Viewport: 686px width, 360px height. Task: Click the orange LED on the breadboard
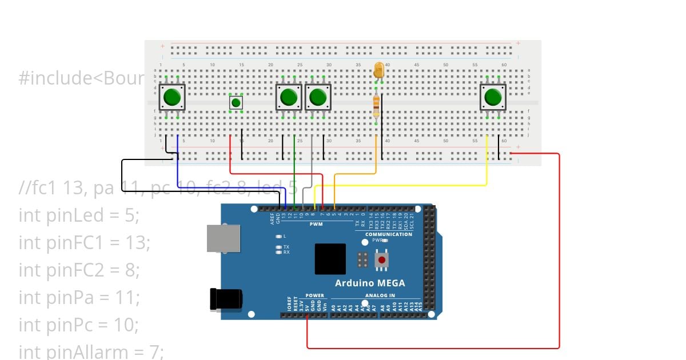click(378, 71)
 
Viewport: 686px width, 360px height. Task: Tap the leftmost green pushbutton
click(171, 97)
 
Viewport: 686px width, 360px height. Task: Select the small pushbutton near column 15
click(236, 103)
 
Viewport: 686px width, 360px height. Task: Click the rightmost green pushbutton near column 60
click(493, 97)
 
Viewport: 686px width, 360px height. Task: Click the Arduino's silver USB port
click(223, 238)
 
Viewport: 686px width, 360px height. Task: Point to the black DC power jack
click(226, 299)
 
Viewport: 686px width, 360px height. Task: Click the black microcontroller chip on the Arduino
click(330, 259)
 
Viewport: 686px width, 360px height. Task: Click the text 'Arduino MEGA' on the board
click(369, 283)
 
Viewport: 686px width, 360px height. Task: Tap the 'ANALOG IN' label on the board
click(380, 295)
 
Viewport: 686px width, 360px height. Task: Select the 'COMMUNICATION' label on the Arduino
click(388, 234)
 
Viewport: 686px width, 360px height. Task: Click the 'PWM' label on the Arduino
click(316, 225)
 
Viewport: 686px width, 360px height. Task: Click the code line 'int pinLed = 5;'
click(79, 215)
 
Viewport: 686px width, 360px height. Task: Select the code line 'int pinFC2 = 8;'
click(79, 270)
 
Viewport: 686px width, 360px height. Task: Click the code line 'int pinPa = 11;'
click(79, 297)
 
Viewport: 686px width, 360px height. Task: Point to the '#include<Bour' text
click(80, 78)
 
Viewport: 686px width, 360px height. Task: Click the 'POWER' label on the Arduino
click(314, 295)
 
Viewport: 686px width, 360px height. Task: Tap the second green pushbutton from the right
click(318, 97)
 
